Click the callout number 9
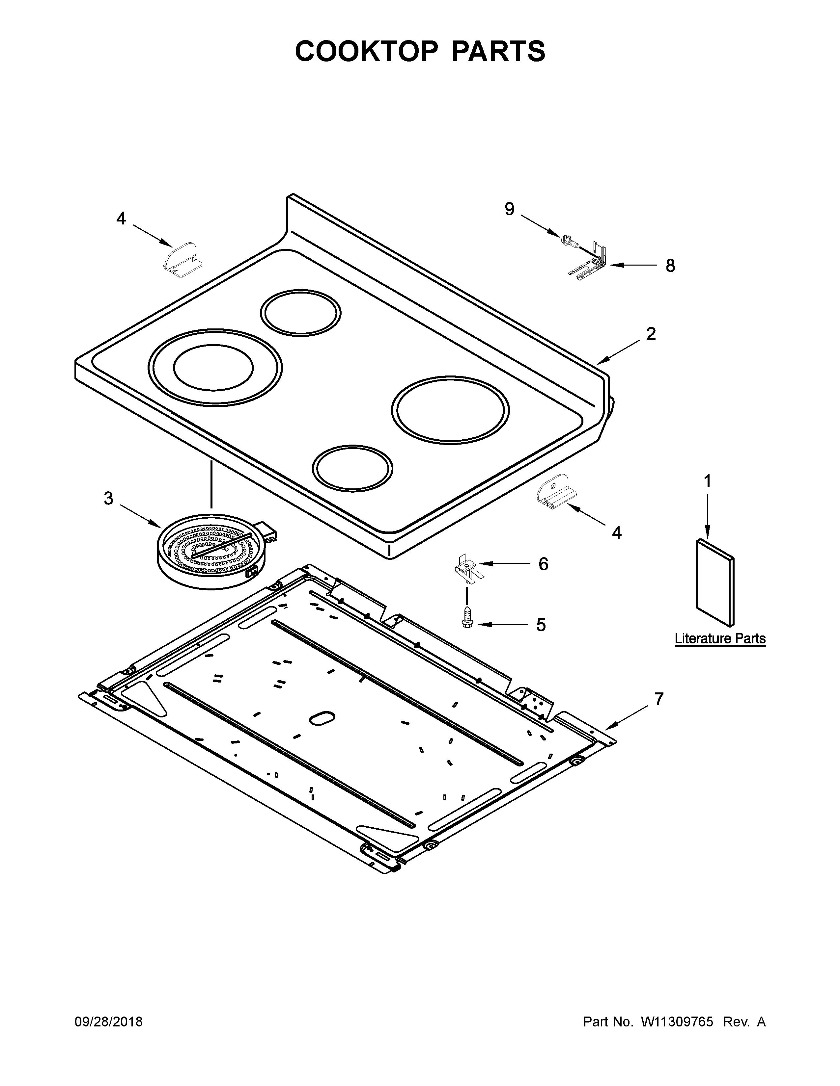coord(509,209)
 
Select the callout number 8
coord(670,266)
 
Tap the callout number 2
coord(650,334)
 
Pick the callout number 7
coord(659,699)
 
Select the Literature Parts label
coord(719,638)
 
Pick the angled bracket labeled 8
coord(592,262)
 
